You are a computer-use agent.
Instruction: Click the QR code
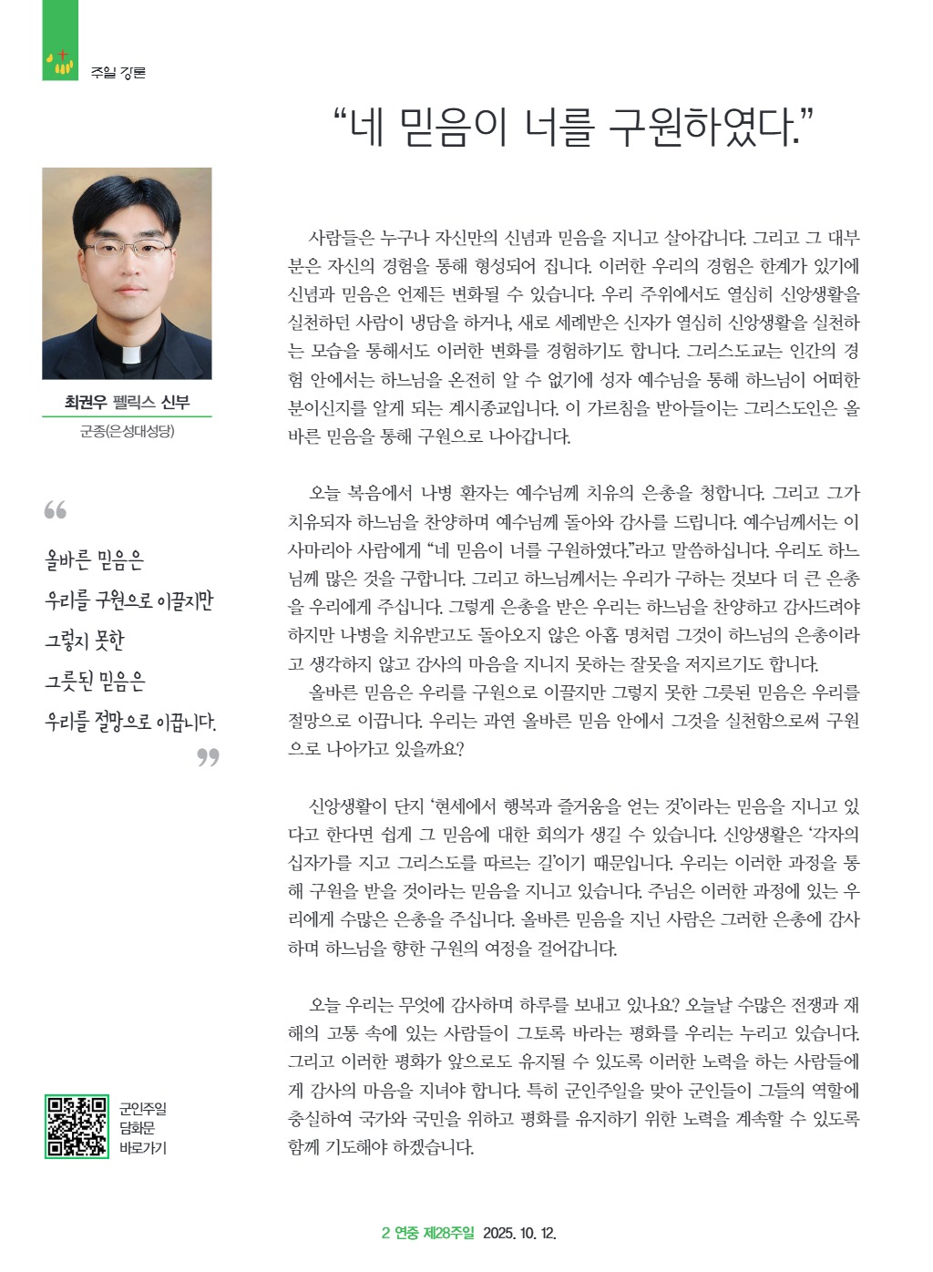[77, 1126]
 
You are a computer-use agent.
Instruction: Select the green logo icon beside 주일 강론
[60, 62]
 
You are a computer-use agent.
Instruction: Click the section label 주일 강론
[118, 73]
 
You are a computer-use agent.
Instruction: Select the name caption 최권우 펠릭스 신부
[127, 402]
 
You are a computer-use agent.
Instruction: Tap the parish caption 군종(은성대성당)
[127, 431]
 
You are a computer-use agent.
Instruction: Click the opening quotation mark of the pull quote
[55, 510]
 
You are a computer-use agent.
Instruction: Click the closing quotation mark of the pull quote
[209, 757]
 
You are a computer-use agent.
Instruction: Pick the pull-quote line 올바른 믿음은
[95, 560]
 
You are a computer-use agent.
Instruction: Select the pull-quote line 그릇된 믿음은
[96, 682]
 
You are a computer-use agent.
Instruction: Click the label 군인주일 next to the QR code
[143, 1109]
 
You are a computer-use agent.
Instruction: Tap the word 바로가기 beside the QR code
[143, 1147]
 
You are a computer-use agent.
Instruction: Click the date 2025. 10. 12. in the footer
[519, 1234]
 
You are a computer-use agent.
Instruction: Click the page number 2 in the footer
[385, 1234]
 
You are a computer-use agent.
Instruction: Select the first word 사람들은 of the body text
[342, 239]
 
